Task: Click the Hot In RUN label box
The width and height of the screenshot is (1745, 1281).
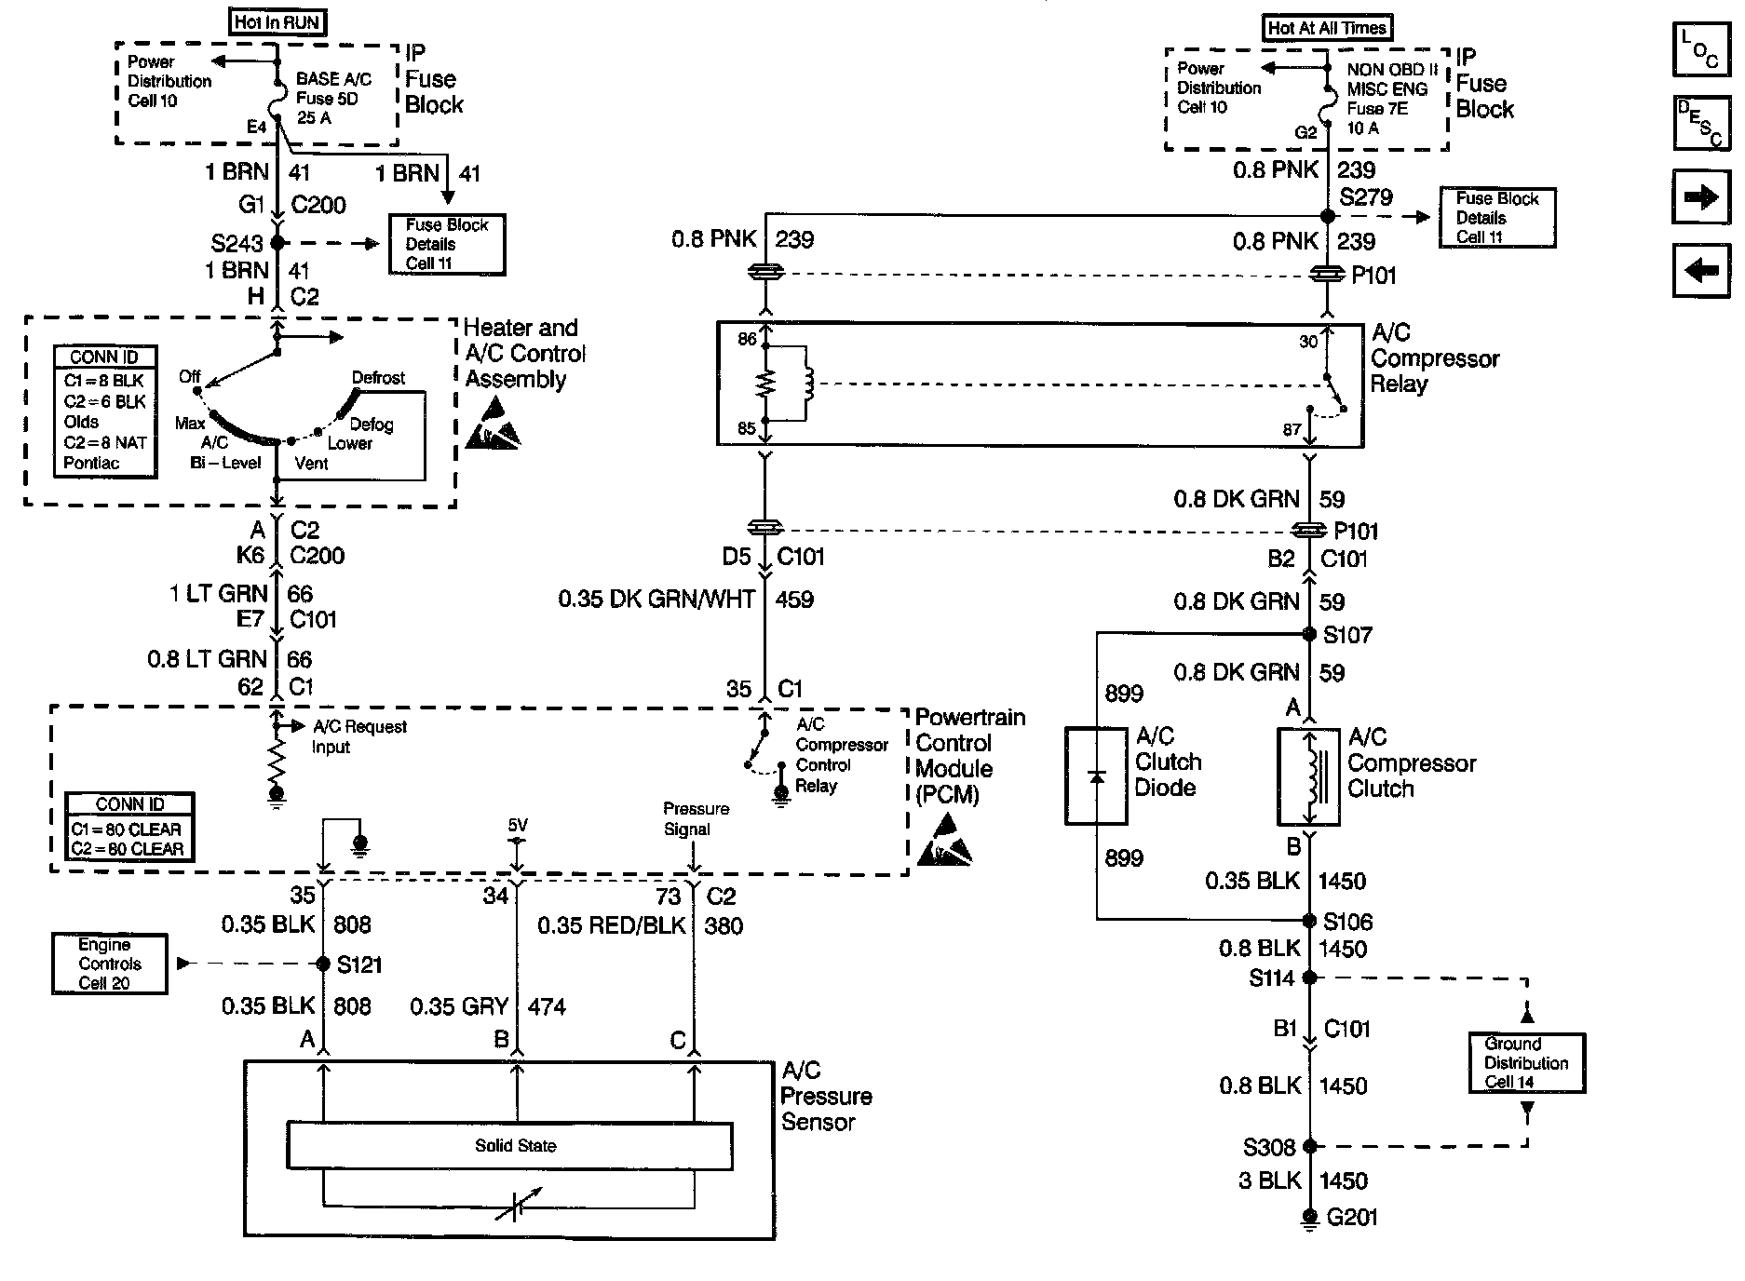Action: [x=277, y=21]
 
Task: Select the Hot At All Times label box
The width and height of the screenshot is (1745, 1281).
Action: [x=1327, y=28]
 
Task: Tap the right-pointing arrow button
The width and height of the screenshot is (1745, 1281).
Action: [x=1700, y=197]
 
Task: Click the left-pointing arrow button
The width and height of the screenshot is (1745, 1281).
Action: [x=1700, y=271]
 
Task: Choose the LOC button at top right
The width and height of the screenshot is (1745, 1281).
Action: [x=1700, y=50]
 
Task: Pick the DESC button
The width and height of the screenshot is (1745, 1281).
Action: [x=1700, y=122]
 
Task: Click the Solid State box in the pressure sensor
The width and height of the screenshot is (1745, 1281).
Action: [x=509, y=1145]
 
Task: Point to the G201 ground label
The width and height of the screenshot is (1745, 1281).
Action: [x=1351, y=1218]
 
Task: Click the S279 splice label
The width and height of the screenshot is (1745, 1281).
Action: [x=1366, y=197]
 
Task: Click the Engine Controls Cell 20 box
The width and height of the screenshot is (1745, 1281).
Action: [x=110, y=964]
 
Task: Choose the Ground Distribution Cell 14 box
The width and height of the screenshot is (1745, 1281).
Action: [x=1526, y=1062]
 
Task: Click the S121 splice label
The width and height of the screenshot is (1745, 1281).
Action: [x=359, y=964]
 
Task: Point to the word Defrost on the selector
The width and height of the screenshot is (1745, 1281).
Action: [x=378, y=378]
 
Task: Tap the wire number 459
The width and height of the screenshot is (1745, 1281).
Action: [x=794, y=600]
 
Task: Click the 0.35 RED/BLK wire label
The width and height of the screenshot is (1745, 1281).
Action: [x=612, y=925]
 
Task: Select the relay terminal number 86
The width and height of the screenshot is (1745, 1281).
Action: [x=747, y=339]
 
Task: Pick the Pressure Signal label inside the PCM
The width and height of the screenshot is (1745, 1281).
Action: [x=696, y=819]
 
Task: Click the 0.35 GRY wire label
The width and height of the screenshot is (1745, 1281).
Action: [x=459, y=1006]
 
